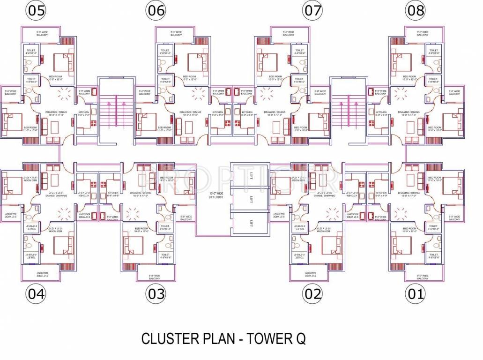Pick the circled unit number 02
click(312, 294)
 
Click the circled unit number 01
click(416, 294)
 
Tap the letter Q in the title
click(300, 338)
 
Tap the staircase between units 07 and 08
click(347, 112)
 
